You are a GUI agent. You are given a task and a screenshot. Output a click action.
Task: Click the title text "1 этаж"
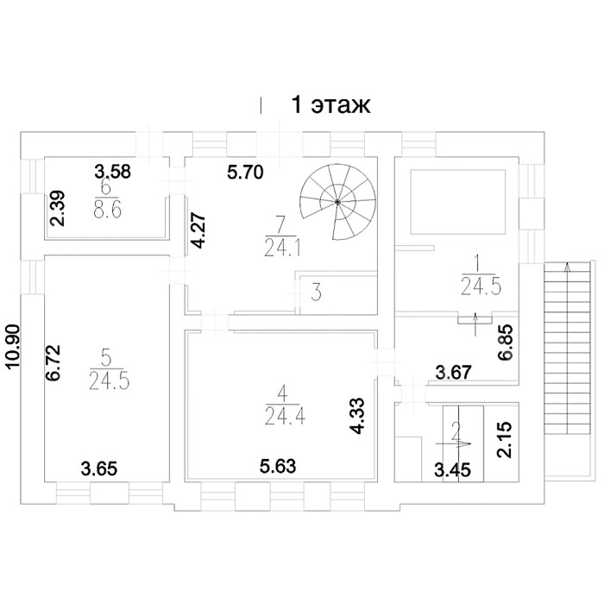coord(330,104)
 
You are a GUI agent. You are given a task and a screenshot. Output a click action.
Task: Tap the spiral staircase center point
coord(337,201)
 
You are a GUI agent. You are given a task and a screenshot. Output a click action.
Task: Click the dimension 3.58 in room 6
coord(113,172)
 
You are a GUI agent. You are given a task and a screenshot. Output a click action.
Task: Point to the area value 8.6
coord(108,211)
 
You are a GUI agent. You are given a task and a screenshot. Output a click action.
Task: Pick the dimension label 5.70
coord(245,173)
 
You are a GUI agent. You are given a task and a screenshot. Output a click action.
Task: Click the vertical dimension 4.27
coord(198,230)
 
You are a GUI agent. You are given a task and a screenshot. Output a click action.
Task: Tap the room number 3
coord(317,293)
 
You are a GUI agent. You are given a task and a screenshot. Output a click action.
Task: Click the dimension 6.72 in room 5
coord(53,362)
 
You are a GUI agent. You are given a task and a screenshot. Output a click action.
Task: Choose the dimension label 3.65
coord(99,469)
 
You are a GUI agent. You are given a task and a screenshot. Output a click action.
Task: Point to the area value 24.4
coord(285,416)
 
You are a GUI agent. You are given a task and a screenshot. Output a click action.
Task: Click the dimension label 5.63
coord(278,467)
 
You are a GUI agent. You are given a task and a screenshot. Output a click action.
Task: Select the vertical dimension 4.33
coord(358,416)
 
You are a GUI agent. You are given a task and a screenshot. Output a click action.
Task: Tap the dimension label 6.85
coord(505,342)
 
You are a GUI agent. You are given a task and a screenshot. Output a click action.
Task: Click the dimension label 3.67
coord(453,373)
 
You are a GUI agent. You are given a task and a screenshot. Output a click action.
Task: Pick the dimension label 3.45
coord(453,470)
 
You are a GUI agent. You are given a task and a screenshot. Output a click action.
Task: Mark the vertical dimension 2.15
coord(504,439)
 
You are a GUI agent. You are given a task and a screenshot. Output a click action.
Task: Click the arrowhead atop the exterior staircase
coord(567,267)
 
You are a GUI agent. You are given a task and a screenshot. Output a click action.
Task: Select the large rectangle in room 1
coord(457,202)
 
